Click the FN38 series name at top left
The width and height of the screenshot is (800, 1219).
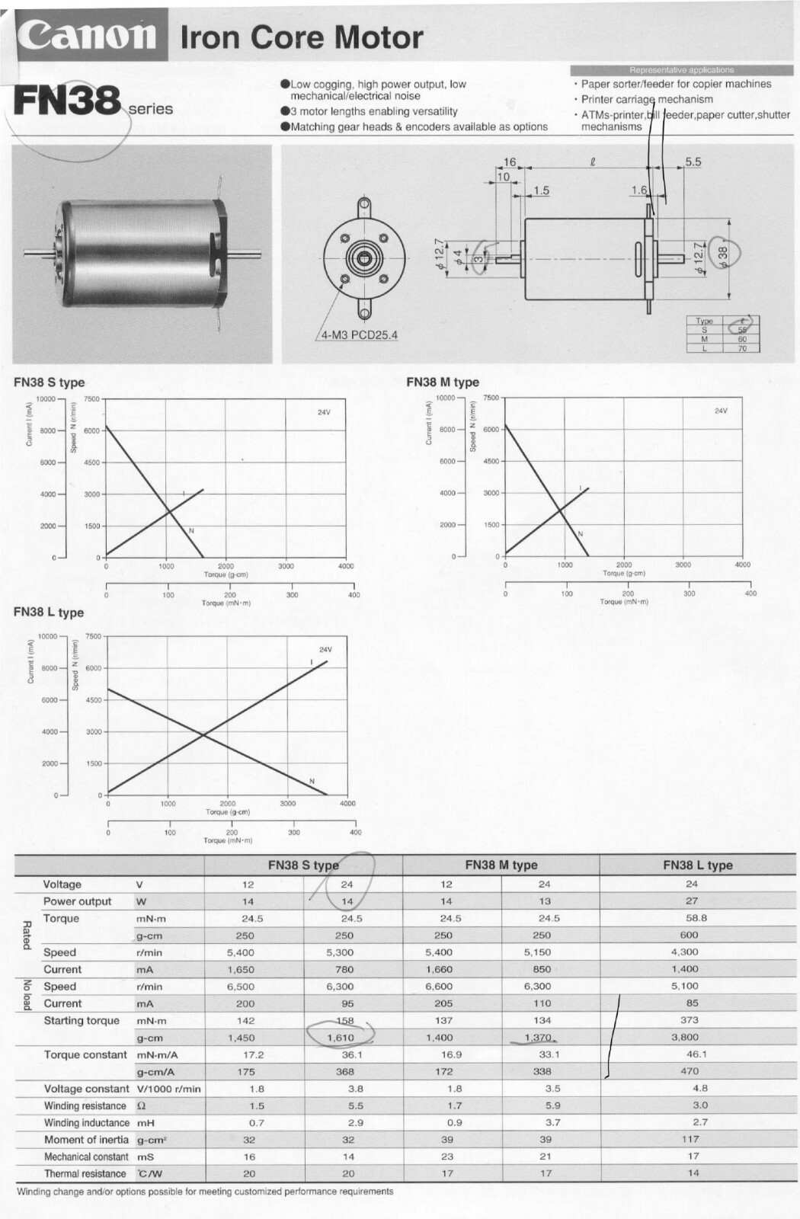(68, 101)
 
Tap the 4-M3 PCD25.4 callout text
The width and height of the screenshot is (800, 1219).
(358, 335)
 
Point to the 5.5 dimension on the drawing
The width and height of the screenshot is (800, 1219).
(693, 162)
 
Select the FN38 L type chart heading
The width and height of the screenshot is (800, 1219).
(49, 613)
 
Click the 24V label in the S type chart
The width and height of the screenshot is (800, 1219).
(324, 412)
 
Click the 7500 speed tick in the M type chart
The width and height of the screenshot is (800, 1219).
(491, 398)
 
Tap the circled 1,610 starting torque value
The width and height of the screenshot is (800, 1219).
(341, 1038)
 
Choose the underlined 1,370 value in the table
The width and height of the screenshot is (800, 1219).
(538, 1038)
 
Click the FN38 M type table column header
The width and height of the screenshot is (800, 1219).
(501, 865)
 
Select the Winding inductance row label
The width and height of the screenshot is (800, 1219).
(86, 1123)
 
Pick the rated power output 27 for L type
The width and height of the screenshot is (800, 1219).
(691, 901)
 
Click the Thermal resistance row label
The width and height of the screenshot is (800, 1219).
(85, 1174)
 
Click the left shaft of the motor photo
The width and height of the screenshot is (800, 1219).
(40, 252)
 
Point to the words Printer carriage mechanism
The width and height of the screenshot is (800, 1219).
(647, 99)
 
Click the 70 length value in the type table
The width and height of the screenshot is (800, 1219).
(742, 348)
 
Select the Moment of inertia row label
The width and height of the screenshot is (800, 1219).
(86, 1140)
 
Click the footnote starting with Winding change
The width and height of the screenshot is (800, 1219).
(205, 1192)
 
